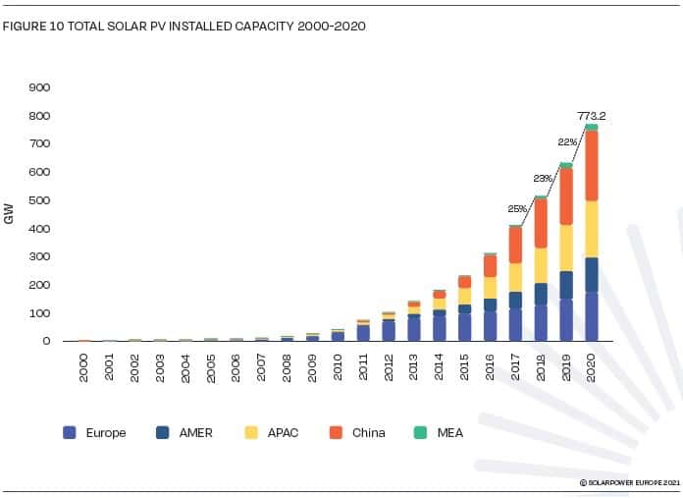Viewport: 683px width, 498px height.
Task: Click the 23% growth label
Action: [544, 180]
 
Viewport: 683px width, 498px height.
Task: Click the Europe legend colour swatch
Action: [70, 432]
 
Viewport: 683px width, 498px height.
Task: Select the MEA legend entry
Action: [440, 432]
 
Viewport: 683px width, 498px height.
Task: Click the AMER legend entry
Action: [182, 432]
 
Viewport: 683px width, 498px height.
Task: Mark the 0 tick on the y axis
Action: [45, 342]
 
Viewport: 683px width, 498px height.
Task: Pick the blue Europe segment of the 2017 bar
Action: [515, 324]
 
